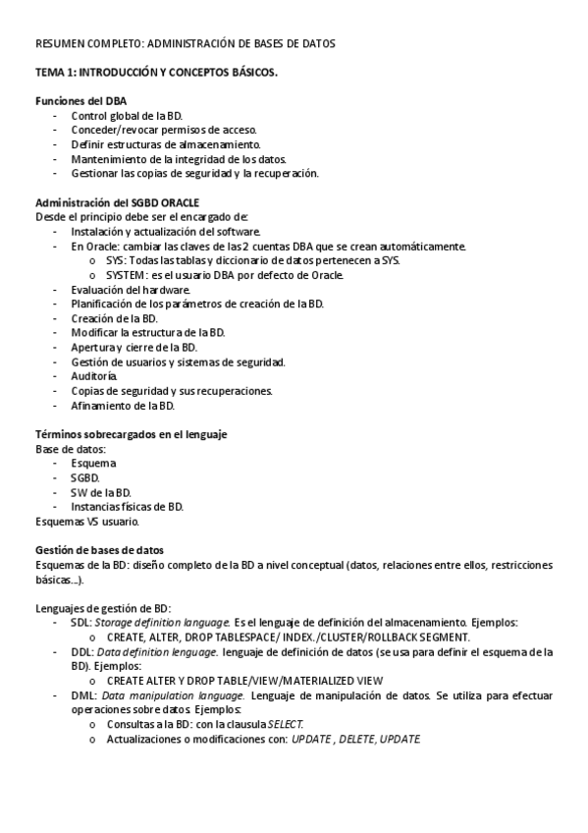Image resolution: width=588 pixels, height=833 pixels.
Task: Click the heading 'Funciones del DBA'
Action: (80, 101)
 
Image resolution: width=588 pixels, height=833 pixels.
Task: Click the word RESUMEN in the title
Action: (62, 44)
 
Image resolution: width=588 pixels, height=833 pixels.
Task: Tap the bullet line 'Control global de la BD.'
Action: (127, 116)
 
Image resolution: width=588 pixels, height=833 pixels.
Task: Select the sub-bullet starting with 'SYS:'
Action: (252, 260)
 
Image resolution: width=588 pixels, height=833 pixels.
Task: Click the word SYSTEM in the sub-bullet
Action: (130, 275)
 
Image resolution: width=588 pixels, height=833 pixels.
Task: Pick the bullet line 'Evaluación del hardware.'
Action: (131, 290)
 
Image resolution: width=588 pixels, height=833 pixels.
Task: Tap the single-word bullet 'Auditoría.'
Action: (94, 376)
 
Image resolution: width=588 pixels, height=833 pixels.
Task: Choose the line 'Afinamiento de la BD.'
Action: (123, 405)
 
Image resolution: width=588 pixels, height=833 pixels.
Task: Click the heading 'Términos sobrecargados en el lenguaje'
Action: (132, 434)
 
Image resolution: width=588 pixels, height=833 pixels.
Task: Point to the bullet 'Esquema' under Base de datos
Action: (93, 463)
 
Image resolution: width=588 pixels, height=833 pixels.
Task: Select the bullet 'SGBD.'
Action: (85, 477)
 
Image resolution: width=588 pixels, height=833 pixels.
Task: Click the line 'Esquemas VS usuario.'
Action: (86, 521)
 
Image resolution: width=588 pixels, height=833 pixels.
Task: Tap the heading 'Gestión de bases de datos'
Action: (99, 550)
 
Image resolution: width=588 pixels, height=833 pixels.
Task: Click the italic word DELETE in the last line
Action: (355, 739)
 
